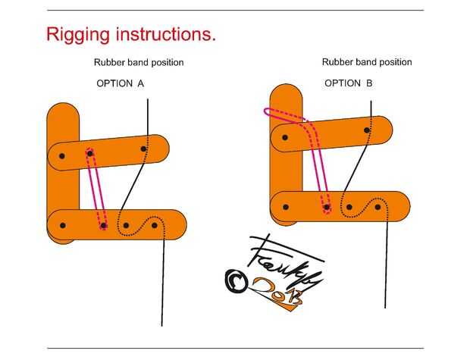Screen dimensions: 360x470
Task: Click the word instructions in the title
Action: pyautogui.click(x=161, y=34)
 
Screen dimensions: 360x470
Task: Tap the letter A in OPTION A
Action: pyautogui.click(x=141, y=83)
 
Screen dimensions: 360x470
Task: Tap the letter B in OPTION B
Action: pyautogui.click(x=369, y=83)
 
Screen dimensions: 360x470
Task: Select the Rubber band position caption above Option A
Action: pyautogui.click(x=139, y=62)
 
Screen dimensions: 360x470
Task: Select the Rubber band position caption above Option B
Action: pyautogui.click(x=367, y=62)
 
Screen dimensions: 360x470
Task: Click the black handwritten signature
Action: pyautogui.click(x=284, y=261)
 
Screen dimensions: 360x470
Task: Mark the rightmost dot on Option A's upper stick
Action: pyautogui.click(x=145, y=149)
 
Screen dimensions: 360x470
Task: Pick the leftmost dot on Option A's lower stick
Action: pyautogui.click(x=62, y=225)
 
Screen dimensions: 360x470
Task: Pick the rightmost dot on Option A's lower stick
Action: pyautogui.click(x=155, y=225)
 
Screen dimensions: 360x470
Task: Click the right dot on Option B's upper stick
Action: pyautogui.click(x=367, y=130)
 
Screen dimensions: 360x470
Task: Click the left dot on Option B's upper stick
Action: pyautogui.click(x=285, y=137)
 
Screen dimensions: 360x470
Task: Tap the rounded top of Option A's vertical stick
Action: pyautogui.click(x=63, y=114)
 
